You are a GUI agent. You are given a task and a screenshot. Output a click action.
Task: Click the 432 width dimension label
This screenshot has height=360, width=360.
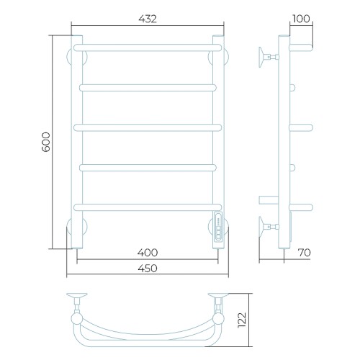pos(148,19)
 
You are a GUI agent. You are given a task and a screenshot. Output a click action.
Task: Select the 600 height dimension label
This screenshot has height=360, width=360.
pos(46,142)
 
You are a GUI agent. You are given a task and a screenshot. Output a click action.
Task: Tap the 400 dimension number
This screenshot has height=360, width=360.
pos(148,253)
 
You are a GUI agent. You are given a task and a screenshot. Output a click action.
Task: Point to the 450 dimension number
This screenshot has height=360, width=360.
pos(148,268)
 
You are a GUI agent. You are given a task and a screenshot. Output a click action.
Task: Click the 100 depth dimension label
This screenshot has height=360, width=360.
pos(302,19)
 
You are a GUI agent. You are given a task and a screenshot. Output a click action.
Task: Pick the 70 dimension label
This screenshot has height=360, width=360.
pos(304,253)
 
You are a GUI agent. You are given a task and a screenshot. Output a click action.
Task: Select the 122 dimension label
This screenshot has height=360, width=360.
pos(242,320)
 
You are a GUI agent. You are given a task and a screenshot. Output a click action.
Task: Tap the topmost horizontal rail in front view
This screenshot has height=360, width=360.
pos(148,48)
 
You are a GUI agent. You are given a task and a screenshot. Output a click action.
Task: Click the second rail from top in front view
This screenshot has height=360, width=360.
pos(148,88)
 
